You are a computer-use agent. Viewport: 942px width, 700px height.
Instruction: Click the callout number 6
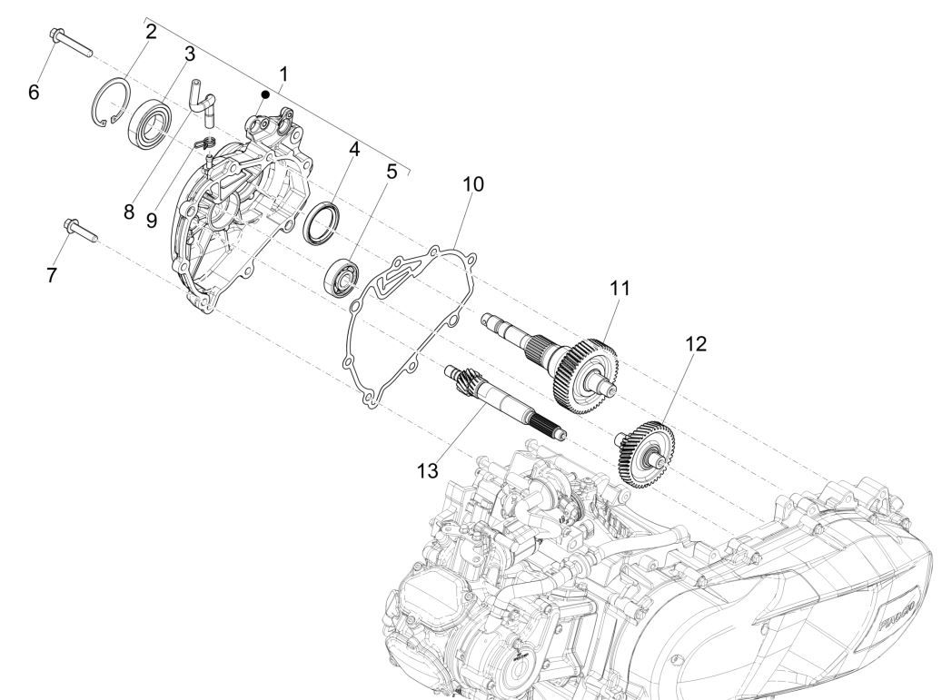click(x=34, y=92)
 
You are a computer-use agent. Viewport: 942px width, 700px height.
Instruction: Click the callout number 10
click(x=473, y=184)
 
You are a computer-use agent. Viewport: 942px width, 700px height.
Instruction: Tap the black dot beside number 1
click(x=264, y=94)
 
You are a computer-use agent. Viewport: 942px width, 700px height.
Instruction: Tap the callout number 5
click(x=391, y=172)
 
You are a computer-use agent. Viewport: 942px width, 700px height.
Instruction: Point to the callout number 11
click(x=620, y=288)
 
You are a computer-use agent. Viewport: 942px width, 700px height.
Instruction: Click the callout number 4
click(x=355, y=148)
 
